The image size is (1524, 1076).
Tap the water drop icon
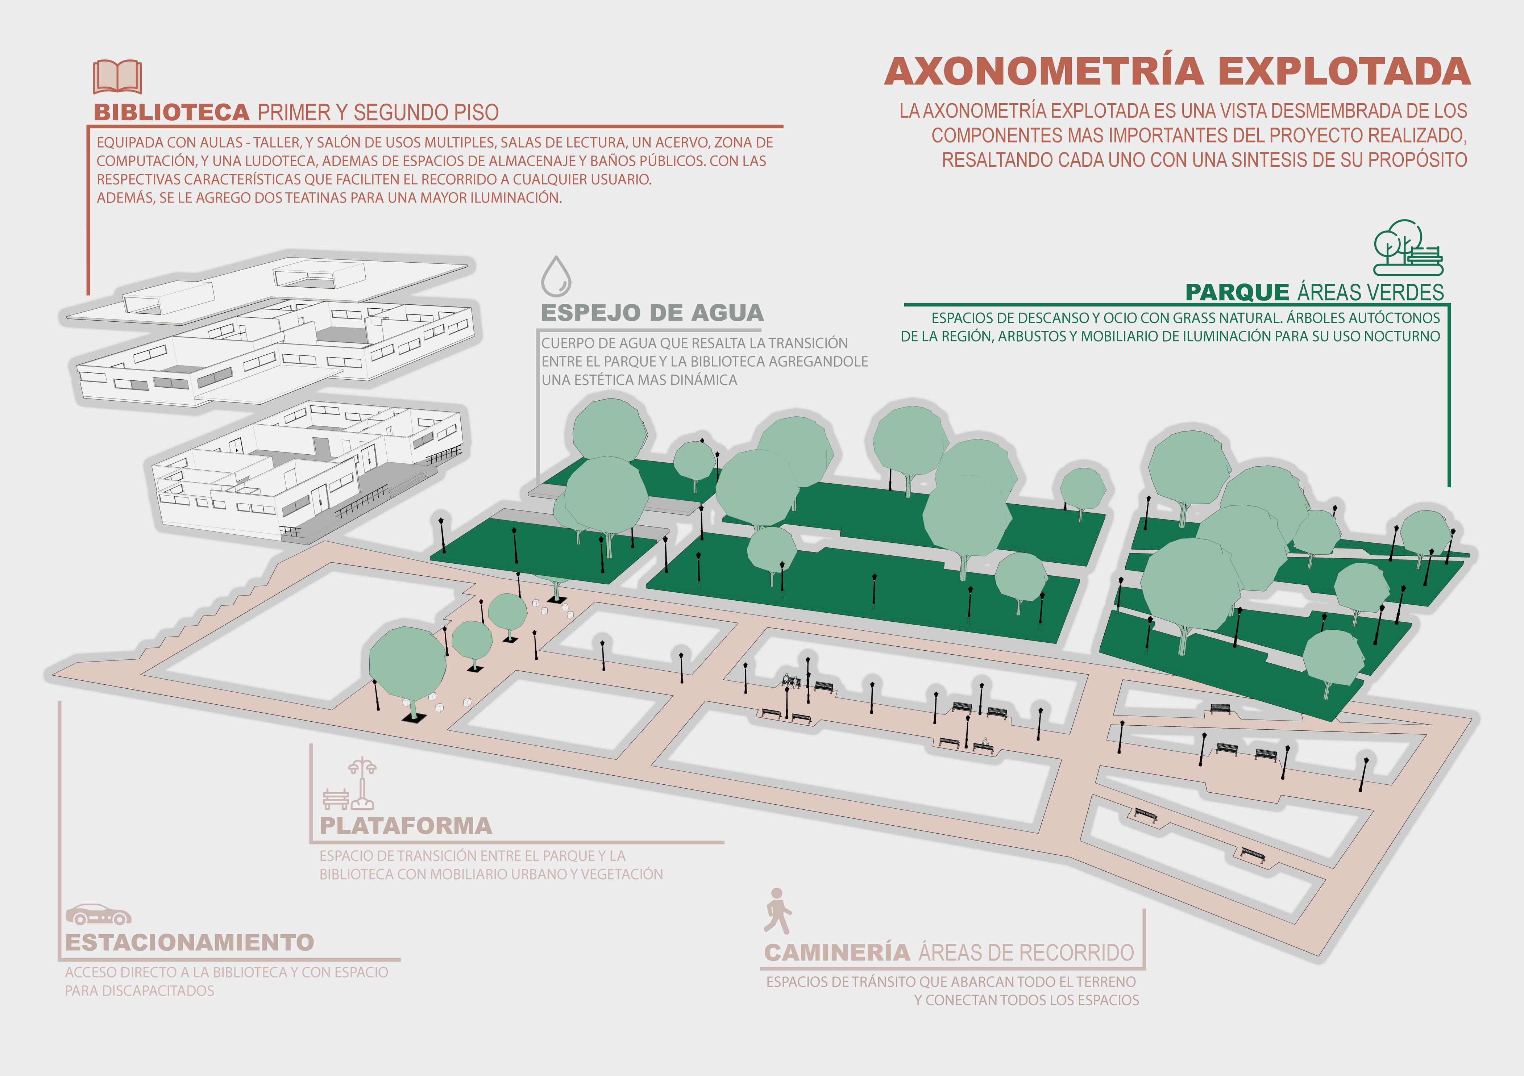click(x=556, y=277)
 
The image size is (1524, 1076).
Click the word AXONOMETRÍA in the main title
click(x=1043, y=72)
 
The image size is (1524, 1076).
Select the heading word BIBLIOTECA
click(x=171, y=112)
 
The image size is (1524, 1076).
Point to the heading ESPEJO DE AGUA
click(x=652, y=312)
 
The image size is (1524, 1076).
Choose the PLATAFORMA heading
click(x=406, y=826)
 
